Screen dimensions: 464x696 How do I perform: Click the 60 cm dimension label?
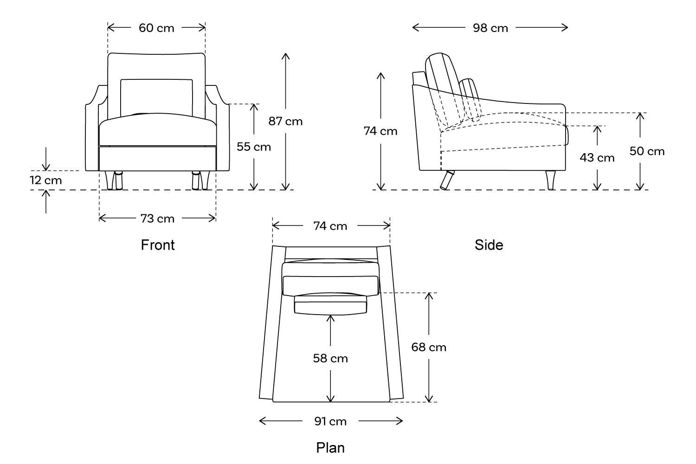[x=156, y=28]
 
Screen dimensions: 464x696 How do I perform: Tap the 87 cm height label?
[x=285, y=122]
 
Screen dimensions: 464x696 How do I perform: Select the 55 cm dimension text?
[x=254, y=147]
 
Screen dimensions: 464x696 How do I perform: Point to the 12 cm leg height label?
[x=46, y=180]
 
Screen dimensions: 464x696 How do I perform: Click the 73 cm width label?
[x=158, y=219]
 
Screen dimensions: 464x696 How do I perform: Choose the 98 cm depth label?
[x=490, y=28]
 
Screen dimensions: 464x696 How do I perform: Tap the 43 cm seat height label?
[x=597, y=158]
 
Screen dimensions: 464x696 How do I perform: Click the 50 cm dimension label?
[x=647, y=151]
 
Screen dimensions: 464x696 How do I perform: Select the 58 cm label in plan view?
[x=330, y=359]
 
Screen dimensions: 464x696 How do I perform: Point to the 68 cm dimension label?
[x=429, y=347]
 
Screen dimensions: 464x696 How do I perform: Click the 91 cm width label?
[x=330, y=421]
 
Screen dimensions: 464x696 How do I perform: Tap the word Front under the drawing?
[x=158, y=245]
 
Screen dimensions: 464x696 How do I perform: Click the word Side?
[x=489, y=245]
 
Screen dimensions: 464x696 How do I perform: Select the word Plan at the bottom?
[x=330, y=448]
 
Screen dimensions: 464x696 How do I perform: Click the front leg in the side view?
[x=551, y=180]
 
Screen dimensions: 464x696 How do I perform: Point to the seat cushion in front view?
[x=158, y=132]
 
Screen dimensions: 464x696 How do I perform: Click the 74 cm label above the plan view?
[x=330, y=226]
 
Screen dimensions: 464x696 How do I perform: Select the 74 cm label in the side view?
[x=380, y=131]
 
